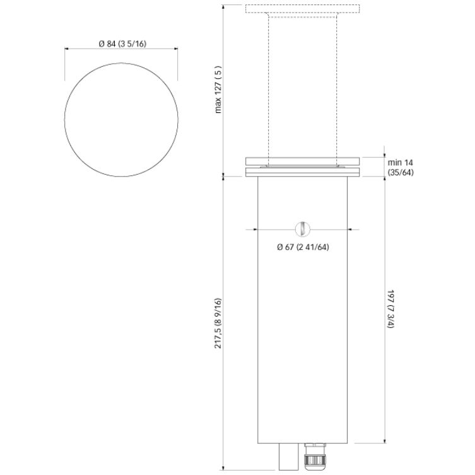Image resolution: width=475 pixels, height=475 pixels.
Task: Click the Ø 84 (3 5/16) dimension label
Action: tap(122, 44)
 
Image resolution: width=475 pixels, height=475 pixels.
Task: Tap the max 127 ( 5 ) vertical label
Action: tap(218, 90)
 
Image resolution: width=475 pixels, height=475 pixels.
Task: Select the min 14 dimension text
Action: tap(400, 162)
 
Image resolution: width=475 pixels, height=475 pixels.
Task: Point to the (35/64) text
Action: tap(401, 172)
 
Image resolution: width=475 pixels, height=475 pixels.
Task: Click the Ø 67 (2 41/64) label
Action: tap(303, 247)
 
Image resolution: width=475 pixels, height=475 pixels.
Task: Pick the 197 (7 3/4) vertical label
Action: tap(390, 309)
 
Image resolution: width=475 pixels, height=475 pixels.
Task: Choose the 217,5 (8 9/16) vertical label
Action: tap(218, 323)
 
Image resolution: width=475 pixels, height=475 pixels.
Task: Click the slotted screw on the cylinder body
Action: tap(303, 230)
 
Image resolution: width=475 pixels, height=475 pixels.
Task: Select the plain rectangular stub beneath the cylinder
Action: tap(288, 457)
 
